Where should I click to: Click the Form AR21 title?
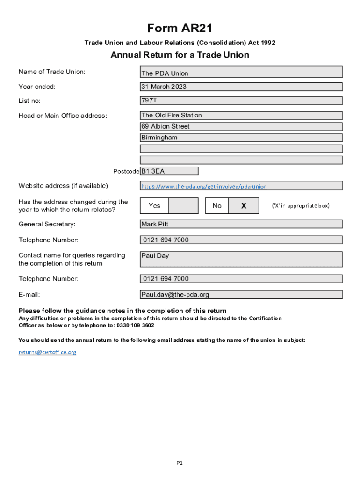[x=180, y=29]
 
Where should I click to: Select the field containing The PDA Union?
[x=241, y=72]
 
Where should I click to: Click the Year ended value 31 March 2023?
[x=241, y=87]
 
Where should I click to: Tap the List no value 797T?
[x=241, y=101]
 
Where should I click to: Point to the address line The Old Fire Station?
[x=241, y=115]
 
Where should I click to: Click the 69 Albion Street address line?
[x=241, y=126]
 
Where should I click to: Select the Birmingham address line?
[x=241, y=138]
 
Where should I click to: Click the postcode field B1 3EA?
[x=169, y=171]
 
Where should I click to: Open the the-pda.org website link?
[x=204, y=186]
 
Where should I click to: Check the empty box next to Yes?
[x=183, y=206]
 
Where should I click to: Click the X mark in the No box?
[x=243, y=206]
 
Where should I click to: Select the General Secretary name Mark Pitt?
[x=241, y=224]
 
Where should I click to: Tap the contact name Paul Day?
[x=241, y=259]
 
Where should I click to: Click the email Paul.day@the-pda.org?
[x=241, y=295]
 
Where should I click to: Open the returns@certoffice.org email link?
[x=47, y=352]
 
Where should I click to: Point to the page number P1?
[x=180, y=463]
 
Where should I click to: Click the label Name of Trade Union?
[x=52, y=72]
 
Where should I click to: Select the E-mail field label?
[x=29, y=295]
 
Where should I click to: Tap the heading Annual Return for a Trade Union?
[x=180, y=55]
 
